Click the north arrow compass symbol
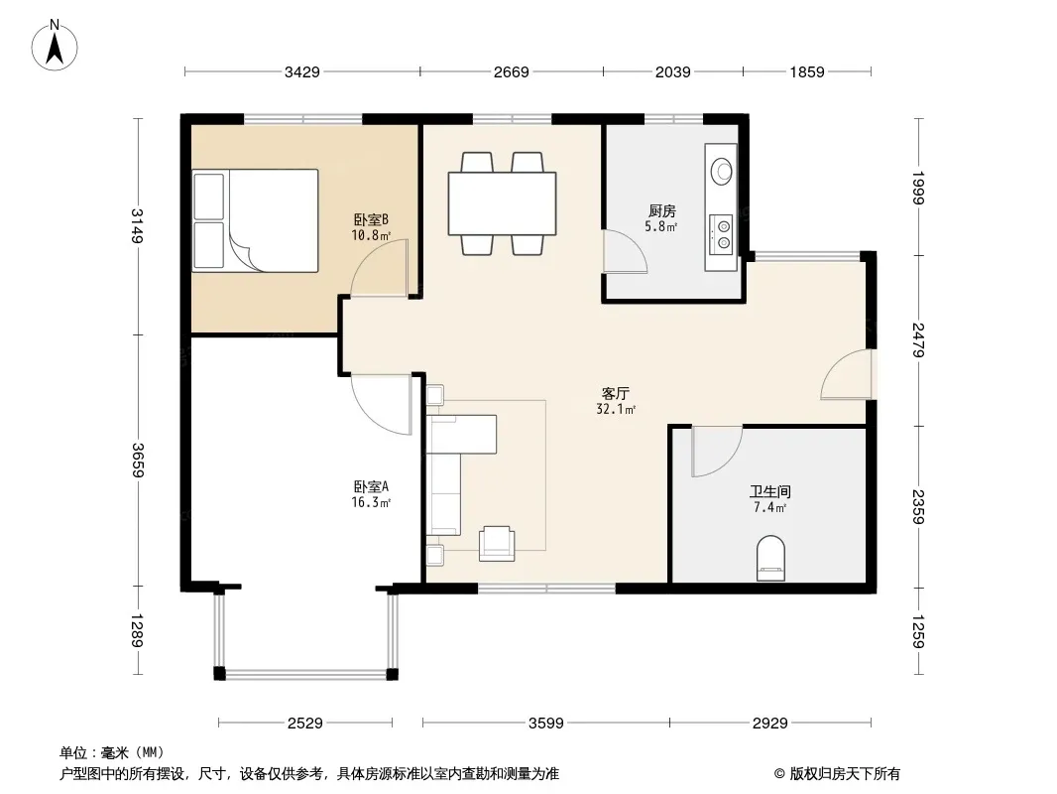[55, 46]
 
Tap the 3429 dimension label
[302, 72]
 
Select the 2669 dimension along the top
[511, 72]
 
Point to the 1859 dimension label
[807, 72]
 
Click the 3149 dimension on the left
[137, 225]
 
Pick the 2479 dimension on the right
[918, 340]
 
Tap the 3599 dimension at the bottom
[546, 724]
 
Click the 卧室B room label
[371, 220]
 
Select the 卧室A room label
[371, 486]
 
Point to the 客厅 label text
[616, 393]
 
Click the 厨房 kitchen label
[662, 211]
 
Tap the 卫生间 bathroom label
[769, 491]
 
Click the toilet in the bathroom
[771, 558]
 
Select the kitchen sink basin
[722, 172]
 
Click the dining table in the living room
[502, 203]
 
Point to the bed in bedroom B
[255, 220]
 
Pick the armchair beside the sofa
[497, 544]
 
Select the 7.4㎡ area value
[769, 508]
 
